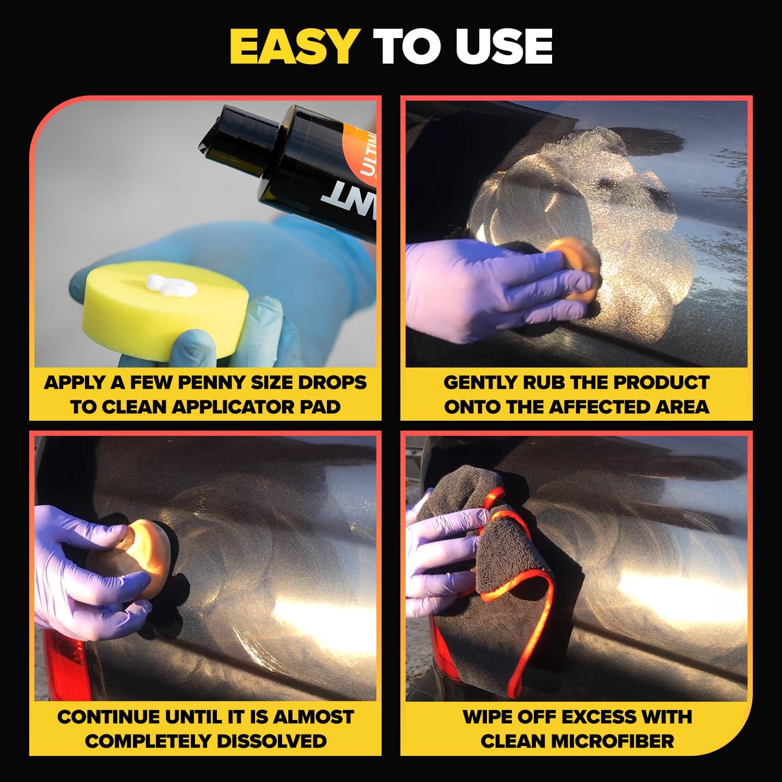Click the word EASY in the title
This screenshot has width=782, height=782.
tap(292, 47)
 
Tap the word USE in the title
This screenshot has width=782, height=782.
tap(504, 47)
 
